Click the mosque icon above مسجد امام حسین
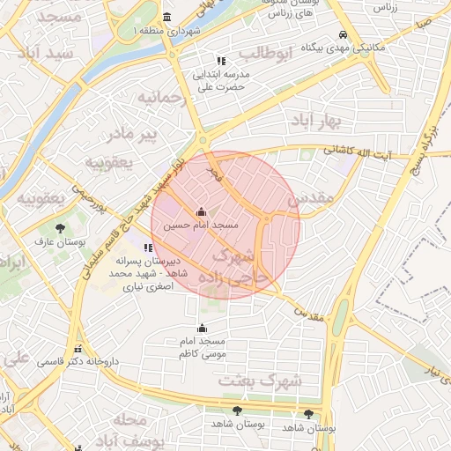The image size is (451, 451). [x=202, y=212]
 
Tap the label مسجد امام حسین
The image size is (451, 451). [x=202, y=226]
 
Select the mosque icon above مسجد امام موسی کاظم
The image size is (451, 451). [x=202, y=329]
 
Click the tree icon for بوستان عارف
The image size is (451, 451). [x=59, y=227]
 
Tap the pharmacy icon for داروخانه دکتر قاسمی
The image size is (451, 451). [x=78, y=349]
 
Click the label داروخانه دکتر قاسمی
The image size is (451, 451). [x=77, y=362]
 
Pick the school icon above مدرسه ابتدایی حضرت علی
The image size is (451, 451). [x=221, y=62]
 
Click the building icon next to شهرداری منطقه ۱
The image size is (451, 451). [x=168, y=18]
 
